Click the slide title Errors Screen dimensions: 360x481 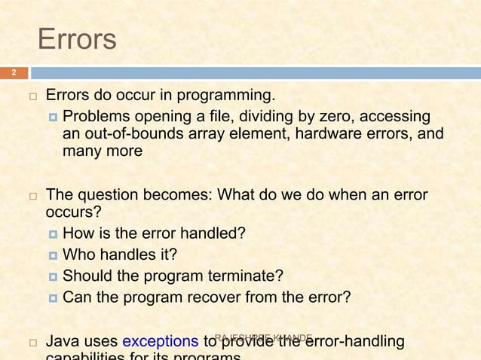pos(77,39)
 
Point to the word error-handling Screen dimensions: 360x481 pos(353,343)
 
